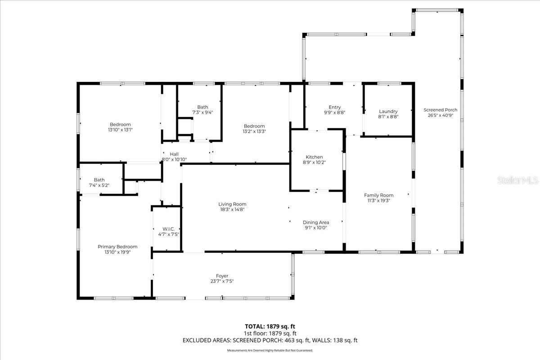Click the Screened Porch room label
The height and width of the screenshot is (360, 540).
[x=440, y=110]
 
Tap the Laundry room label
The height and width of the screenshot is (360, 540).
[x=388, y=112]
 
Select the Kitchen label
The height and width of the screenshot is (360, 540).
[x=314, y=157]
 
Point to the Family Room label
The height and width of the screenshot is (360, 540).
[x=378, y=195]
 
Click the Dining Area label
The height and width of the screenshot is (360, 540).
[x=315, y=222]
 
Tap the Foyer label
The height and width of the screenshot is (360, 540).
[x=222, y=276]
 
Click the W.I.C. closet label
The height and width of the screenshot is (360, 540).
[x=168, y=229]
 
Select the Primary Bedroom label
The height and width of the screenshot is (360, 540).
[x=117, y=247]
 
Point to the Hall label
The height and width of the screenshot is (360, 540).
[x=174, y=154]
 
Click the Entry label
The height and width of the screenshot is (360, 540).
[x=334, y=107]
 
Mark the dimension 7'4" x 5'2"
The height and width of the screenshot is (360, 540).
[x=99, y=185]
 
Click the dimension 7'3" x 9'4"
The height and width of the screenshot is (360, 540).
[x=202, y=112]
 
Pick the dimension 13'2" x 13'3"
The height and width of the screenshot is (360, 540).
[x=254, y=131]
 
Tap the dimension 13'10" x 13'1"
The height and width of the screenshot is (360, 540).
[x=120, y=130]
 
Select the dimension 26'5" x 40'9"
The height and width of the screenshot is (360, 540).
[x=440, y=115]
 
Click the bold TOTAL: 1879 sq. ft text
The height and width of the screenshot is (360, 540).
[x=270, y=326]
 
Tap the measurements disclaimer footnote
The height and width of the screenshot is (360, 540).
[x=270, y=350]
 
